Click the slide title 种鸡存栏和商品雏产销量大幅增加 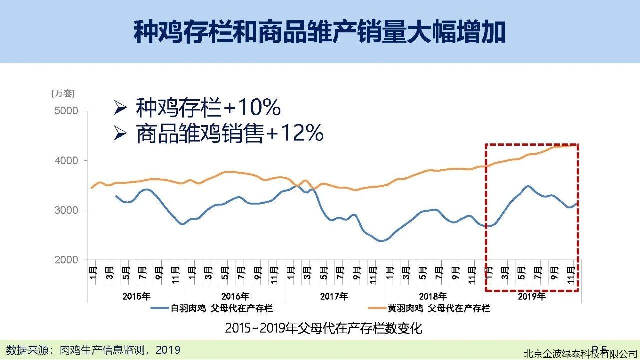pyautogui.click(x=319, y=32)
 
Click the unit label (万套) pyautogui.click(x=63, y=93)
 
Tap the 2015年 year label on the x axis pyautogui.click(x=136, y=296)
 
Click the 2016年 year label pyautogui.click(x=235, y=296)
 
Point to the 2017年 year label pyautogui.click(x=334, y=296)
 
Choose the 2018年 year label pyautogui.click(x=433, y=296)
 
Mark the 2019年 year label pyautogui.click(x=532, y=296)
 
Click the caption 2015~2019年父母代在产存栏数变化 pyautogui.click(x=323, y=328)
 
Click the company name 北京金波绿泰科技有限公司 pyautogui.click(x=580, y=354)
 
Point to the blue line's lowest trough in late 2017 pyautogui.click(x=381, y=241)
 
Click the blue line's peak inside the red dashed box pyautogui.click(x=528, y=186)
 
